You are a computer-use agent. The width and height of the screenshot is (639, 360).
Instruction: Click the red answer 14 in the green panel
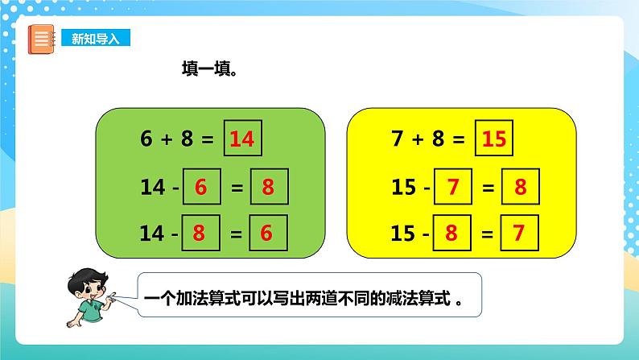point(241,139)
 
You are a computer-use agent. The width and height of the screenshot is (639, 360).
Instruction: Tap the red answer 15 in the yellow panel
point(493,139)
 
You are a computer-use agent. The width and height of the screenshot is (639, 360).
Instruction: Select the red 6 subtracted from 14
point(201,188)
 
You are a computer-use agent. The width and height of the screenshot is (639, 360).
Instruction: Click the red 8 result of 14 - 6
point(268,188)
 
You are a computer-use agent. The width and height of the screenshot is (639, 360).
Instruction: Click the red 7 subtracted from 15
point(452,188)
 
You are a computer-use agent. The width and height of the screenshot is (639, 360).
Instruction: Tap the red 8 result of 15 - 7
point(520,188)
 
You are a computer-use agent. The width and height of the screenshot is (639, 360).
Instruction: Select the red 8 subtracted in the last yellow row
point(452,234)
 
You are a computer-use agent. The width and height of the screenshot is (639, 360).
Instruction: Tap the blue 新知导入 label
point(95,39)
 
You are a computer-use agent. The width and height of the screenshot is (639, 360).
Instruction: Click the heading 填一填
point(208,69)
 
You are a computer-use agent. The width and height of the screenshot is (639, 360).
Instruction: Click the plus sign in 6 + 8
point(167,139)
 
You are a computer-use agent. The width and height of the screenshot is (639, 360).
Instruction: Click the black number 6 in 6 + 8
point(146,139)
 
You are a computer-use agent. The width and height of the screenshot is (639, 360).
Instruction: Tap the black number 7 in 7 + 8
point(397,139)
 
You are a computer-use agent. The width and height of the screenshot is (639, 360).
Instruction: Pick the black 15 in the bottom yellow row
point(402,234)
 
